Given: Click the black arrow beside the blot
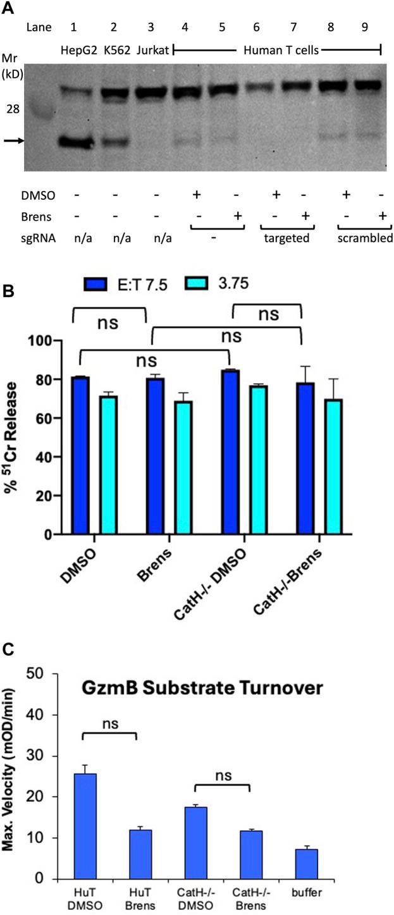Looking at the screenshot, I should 13,141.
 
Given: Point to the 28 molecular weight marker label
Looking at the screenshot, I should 13,109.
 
